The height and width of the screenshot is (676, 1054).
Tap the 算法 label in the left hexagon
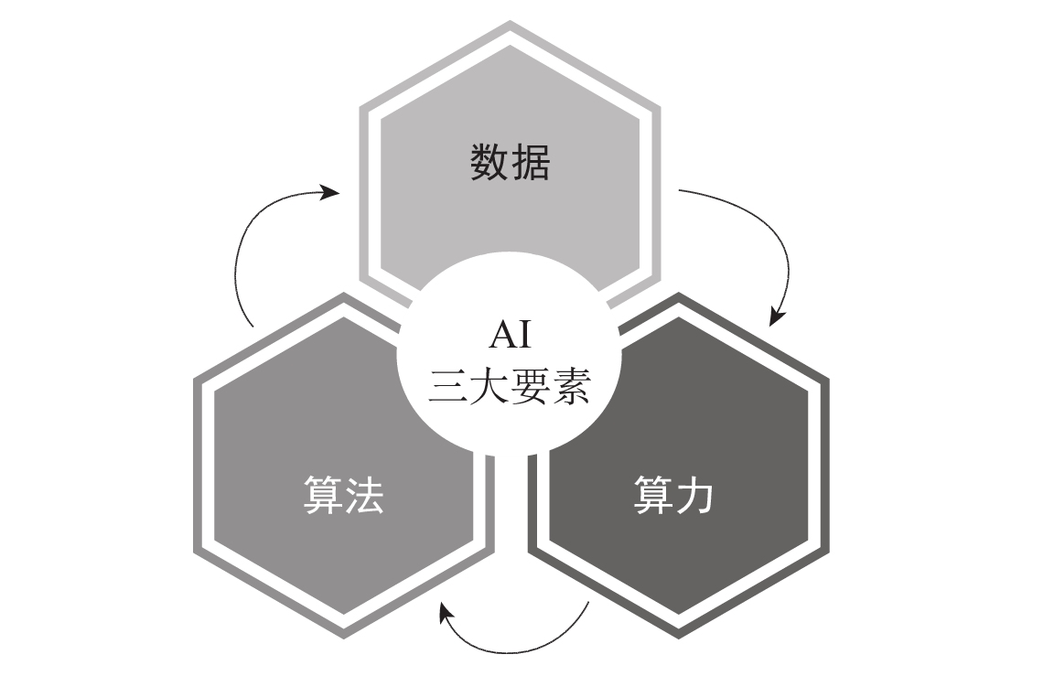tap(343, 495)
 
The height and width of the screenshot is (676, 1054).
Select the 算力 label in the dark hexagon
tap(673, 495)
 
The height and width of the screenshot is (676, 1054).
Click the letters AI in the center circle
tap(510, 336)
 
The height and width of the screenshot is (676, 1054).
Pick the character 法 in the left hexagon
tap(364, 495)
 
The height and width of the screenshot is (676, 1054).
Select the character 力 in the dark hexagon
tap(694, 495)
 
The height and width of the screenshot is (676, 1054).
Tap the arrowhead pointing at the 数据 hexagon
tap(330, 192)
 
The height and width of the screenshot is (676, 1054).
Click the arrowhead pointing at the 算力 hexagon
tap(776, 317)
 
